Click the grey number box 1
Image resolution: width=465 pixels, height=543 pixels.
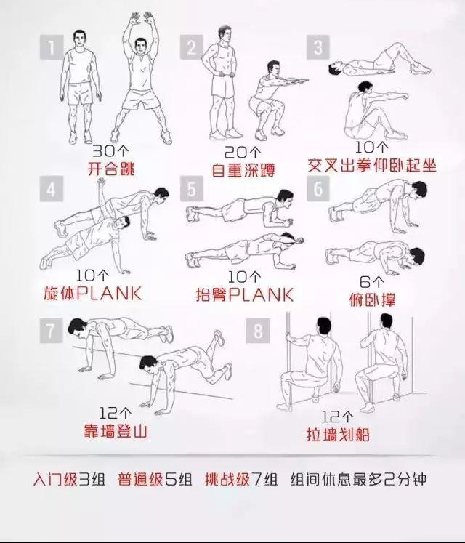[52, 47]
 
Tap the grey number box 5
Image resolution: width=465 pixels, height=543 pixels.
[192, 189]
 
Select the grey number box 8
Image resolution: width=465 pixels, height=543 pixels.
[258, 331]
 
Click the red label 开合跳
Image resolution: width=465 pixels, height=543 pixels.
[110, 169]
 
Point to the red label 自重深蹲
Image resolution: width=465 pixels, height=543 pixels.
[243, 170]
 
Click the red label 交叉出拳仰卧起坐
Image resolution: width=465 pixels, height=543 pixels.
[372, 165]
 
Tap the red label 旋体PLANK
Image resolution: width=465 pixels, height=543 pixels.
[93, 294]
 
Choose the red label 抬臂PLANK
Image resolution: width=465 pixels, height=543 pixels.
[244, 294]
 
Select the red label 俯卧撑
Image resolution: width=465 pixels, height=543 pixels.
[372, 299]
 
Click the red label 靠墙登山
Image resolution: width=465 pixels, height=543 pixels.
[116, 432]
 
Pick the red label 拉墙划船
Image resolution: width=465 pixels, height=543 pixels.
[338, 435]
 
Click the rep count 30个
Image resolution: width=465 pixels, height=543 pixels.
[110, 150]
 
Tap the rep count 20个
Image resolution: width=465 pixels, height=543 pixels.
[243, 152]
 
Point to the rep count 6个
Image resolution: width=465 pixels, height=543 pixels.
[372, 281]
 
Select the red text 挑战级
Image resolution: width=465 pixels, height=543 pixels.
[227, 479]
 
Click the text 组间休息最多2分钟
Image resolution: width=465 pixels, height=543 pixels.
[358, 479]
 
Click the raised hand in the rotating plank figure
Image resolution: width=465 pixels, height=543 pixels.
[101, 182]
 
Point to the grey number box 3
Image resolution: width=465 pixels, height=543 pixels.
[318, 47]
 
